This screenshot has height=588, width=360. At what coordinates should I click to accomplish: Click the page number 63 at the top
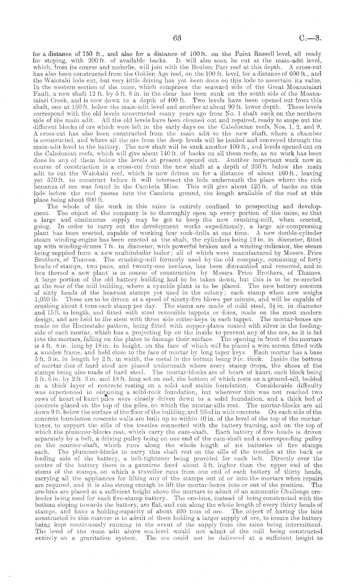(178, 37)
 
